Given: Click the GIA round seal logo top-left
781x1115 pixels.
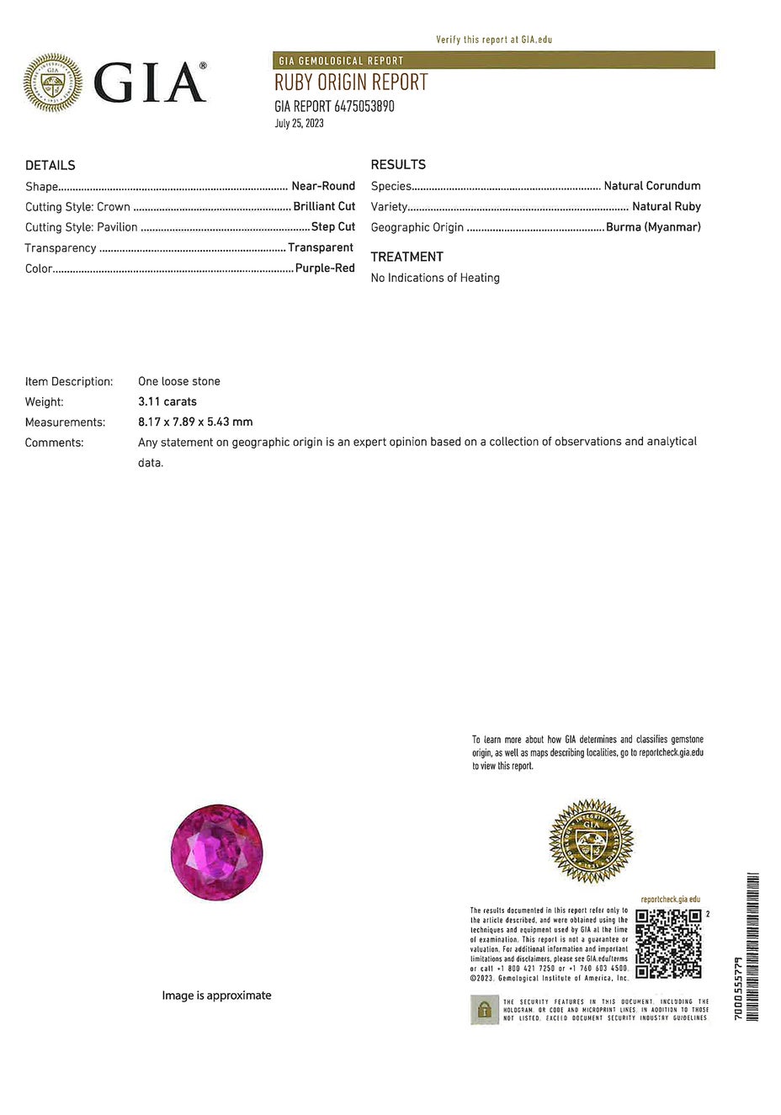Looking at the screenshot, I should click(x=53, y=82).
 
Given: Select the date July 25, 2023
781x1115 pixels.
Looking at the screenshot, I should click(x=299, y=124).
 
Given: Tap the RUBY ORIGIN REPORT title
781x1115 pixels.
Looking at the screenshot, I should click(x=351, y=82).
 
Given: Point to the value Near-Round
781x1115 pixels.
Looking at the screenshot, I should click(x=323, y=186).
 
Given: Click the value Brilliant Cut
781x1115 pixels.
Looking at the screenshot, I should click(x=324, y=206).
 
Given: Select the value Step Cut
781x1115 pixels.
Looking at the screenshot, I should click(x=333, y=226).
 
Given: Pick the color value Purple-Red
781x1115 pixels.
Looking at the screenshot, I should click(x=325, y=268).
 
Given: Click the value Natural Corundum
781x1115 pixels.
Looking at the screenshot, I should click(x=652, y=186).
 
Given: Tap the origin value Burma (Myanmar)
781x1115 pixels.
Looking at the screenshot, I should click(x=653, y=227).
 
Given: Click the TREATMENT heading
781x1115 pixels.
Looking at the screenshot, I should click(x=406, y=257).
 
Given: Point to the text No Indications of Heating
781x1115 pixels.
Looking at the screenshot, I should click(x=435, y=278).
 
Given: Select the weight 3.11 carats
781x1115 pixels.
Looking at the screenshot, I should click(x=167, y=402).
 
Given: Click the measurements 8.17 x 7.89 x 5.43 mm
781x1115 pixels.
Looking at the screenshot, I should click(x=195, y=422).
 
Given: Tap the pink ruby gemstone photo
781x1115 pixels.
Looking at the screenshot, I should click(x=217, y=852).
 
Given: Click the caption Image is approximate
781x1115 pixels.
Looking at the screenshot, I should click(x=216, y=996).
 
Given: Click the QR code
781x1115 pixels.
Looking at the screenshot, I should click(x=668, y=943).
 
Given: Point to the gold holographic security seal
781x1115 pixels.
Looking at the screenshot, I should click(x=591, y=841).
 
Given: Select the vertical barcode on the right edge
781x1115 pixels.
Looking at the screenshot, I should click(x=752, y=947).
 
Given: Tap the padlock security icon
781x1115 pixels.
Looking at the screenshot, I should click(x=484, y=1010).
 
